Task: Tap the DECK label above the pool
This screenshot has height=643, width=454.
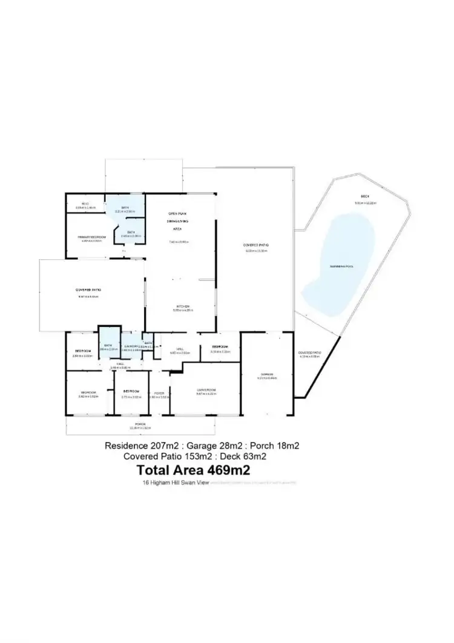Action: [x=365, y=196]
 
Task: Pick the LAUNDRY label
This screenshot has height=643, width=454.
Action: [x=130, y=346]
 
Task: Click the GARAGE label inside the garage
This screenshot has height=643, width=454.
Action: [x=266, y=374]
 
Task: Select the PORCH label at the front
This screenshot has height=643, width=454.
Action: [x=140, y=424]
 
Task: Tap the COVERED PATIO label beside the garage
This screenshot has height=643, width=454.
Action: [x=310, y=352]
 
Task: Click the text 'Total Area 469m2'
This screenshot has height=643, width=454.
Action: [x=194, y=470]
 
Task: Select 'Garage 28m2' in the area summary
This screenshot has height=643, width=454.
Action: [x=214, y=446]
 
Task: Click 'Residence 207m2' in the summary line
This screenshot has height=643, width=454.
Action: [x=143, y=446]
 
